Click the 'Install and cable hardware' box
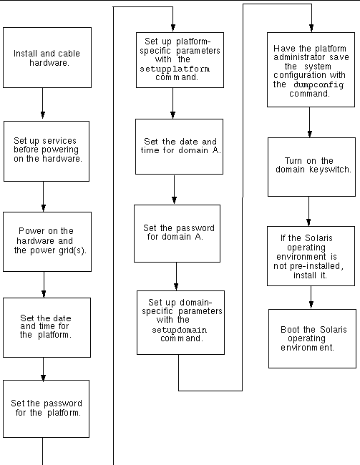tap(47, 57)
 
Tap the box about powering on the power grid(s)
tap(47, 241)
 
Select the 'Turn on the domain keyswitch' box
tap(309, 167)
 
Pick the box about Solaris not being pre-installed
tap(311, 256)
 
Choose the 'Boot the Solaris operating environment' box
tap(312, 338)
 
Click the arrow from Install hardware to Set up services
tap(44, 104)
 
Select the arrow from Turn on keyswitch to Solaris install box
tap(309, 212)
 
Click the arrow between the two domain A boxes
tap(175, 190)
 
